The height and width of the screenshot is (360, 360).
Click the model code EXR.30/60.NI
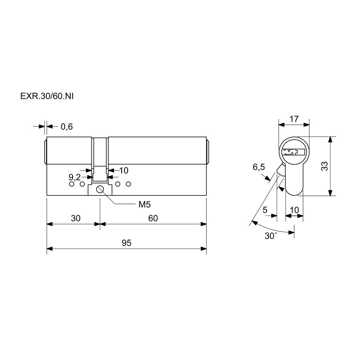47,96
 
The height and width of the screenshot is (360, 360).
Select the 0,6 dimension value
66,127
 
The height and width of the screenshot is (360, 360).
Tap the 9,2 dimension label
75,177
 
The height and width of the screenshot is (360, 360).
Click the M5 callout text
144,204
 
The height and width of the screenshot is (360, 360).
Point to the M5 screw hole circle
100,189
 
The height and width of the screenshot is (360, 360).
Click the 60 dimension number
153,218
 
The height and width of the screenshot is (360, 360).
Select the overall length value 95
127,243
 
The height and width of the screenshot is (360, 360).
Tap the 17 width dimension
294,119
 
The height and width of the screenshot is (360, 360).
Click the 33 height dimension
324,166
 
